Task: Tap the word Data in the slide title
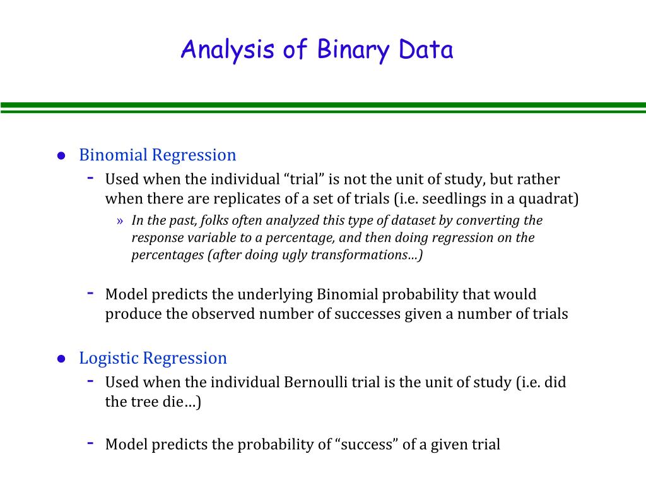[426, 50]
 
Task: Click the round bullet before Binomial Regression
[61, 156]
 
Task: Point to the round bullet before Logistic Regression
[61, 359]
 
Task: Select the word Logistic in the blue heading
[109, 358]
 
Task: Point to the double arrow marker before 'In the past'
[120, 221]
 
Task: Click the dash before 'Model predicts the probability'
[91, 443]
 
